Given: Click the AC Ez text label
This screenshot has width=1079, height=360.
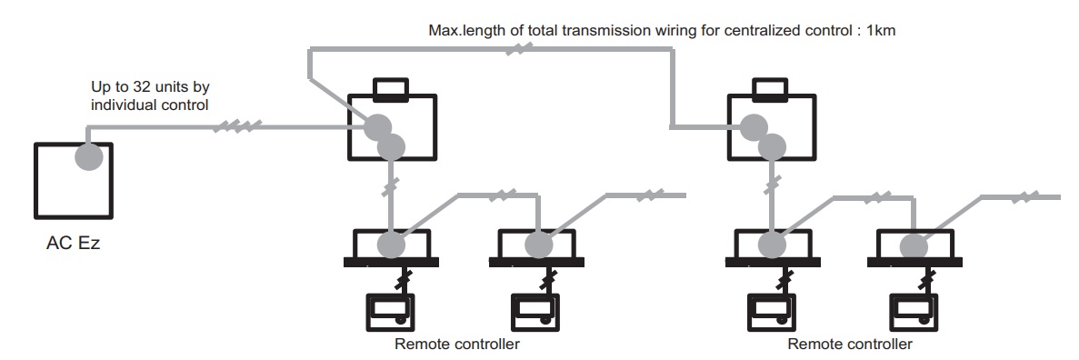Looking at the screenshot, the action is tap(73, 243).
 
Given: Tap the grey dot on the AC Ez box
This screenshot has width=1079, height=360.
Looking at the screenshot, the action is tap(89, 157).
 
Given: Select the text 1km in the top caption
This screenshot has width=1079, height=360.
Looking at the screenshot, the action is tap(881, 30).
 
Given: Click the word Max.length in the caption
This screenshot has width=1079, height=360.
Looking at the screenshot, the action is tap(461, 31).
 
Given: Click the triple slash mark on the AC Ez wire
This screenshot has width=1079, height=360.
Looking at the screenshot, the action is tap(237, 126).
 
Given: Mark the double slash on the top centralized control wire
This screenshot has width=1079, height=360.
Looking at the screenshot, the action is tap(520, 49).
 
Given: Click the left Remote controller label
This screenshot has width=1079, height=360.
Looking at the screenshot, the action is tap(457, 344).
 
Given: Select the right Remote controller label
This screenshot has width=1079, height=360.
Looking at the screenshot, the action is tap(850, 344).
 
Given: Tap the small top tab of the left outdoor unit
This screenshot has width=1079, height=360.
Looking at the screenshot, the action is tap(391, 87).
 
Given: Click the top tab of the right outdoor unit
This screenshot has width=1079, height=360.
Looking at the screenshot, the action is tap(770, 87).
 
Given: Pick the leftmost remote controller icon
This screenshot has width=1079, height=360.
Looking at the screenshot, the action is tap(390, 314).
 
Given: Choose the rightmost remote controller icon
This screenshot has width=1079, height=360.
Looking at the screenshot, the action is tap(914, 314).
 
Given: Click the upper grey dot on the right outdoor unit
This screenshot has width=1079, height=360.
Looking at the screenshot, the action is tap(754, 127).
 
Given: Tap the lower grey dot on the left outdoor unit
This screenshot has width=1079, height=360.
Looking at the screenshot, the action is tap(391, 146).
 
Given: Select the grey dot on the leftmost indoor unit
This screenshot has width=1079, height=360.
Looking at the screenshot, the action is tap(391, 245).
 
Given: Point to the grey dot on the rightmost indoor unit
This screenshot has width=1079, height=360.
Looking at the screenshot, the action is tap(914, 246).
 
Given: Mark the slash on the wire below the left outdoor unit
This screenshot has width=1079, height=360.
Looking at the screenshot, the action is tap(390, 185).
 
